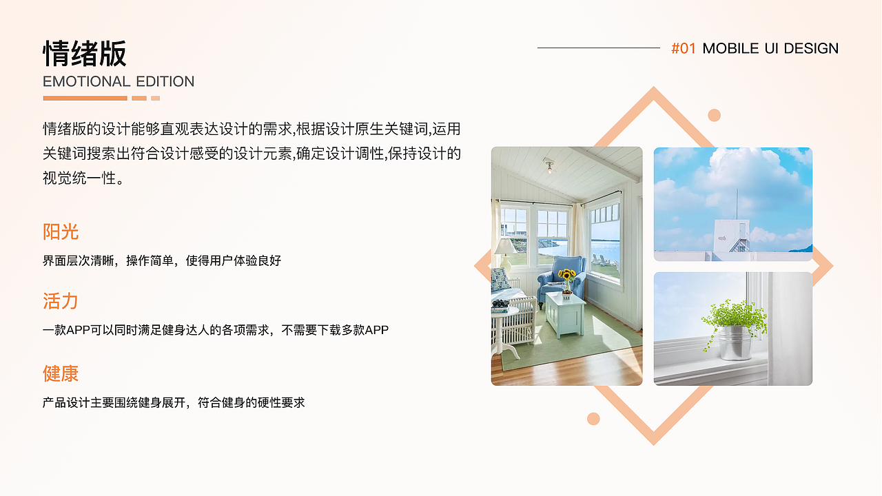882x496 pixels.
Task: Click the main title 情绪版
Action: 85,54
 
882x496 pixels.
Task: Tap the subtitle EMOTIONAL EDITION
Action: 119,81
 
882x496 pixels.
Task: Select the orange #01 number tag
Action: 684,48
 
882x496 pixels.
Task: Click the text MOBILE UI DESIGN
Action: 770,48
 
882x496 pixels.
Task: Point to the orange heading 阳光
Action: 61,231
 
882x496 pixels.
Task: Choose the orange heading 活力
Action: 61,301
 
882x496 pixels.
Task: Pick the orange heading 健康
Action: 61,373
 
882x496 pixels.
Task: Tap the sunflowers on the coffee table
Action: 566,276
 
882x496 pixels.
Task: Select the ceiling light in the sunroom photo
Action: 548,165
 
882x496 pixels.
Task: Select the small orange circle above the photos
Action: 714,115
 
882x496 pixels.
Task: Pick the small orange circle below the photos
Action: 593,418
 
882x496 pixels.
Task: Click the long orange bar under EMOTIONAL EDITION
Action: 85,98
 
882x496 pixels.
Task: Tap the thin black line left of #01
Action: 598,48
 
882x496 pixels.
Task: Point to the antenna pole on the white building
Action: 736,205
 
